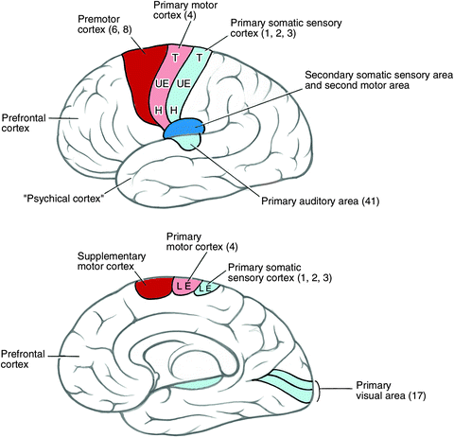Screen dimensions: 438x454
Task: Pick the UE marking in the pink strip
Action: coord(162,84)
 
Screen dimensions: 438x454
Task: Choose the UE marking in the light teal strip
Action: coord(186,84)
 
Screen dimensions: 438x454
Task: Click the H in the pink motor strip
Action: coord(158,112)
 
